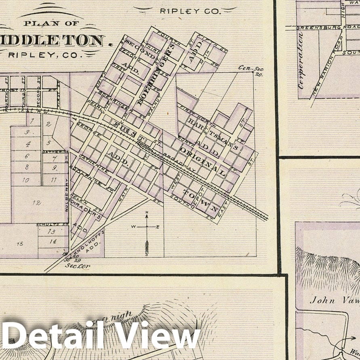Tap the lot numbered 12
37,203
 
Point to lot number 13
51,232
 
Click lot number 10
25,180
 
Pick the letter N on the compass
147,213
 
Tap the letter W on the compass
133,227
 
